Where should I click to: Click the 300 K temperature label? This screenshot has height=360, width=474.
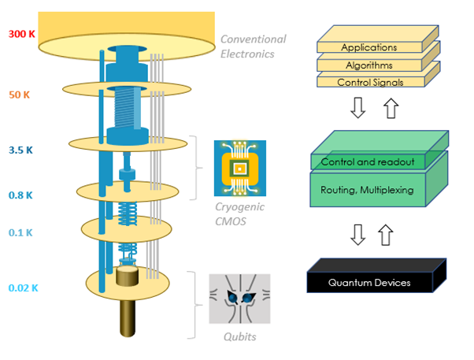(21, 35)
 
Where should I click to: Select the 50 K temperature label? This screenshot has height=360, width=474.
(20, 95)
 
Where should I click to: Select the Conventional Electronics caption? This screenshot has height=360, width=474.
(253, 46)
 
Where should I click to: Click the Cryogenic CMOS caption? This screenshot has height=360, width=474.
(240, 213)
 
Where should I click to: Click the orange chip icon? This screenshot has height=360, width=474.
(240, 168)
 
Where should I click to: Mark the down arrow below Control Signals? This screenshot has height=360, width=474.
(357, 108)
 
